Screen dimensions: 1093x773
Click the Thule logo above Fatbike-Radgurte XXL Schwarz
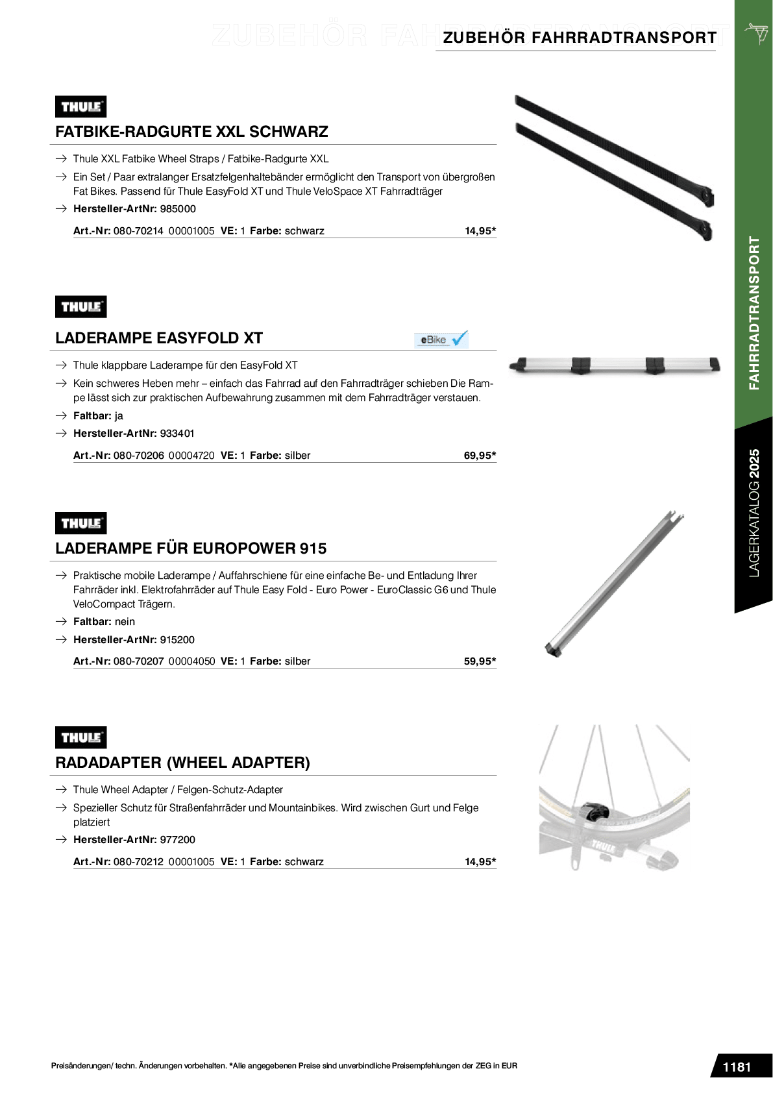coord(81,107)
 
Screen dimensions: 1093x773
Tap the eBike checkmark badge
coord(441,339)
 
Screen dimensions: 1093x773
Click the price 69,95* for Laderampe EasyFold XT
coord(480,456)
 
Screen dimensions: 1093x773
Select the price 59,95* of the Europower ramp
coord(480,661)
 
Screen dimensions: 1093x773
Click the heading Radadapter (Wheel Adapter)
coord(182,763)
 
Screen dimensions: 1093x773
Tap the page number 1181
coord(737,1067)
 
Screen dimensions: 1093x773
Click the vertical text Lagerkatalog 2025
coord(754,513)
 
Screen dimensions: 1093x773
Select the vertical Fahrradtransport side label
coord(754,313)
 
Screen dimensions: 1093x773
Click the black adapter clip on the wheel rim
coord(595,811)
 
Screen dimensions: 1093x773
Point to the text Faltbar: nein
coord(104,622)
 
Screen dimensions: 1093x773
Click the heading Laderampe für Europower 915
coord(191,548)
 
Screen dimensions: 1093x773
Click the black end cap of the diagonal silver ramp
coord(554,649)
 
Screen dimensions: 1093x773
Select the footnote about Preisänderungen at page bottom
coord(284,1066)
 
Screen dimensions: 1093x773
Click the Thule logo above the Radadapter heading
coord(81,738)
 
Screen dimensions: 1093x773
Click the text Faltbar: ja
coord(98,416)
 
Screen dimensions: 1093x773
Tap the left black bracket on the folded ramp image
coord(580,365)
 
